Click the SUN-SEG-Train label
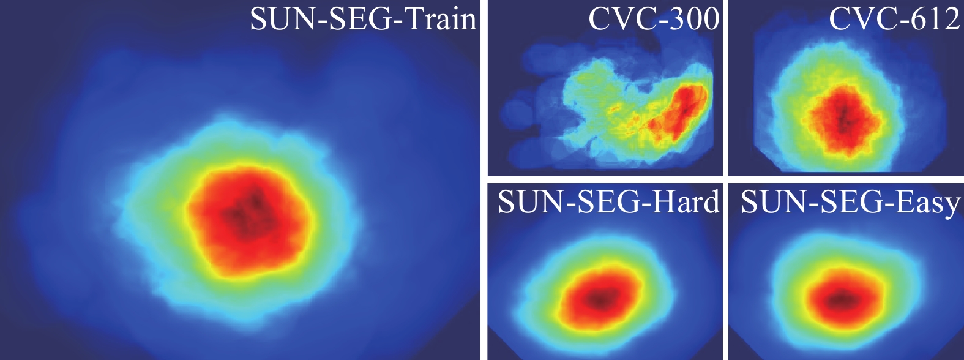[x=363, y=19]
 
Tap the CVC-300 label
[x=654, y=19]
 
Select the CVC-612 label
[x=894, y=19]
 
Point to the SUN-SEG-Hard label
[x=608, y=201]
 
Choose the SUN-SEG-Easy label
[x=850, y=202]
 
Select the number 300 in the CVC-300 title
[x=695, y=19]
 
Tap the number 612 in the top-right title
[x=937, y=19]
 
